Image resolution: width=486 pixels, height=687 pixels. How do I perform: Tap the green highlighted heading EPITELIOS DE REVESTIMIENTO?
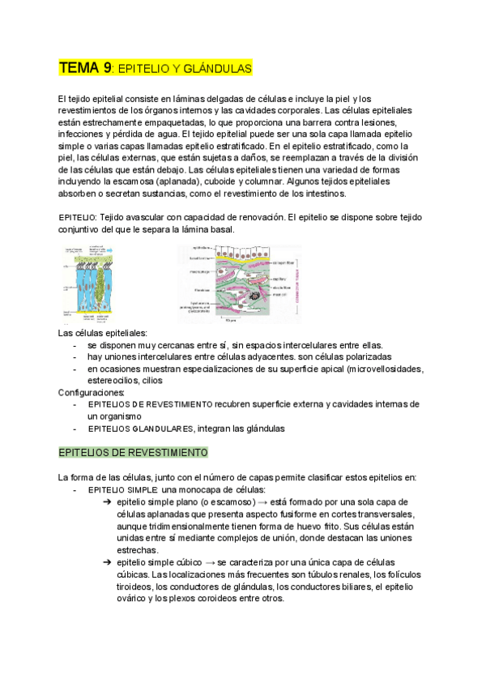(x=133, y=452)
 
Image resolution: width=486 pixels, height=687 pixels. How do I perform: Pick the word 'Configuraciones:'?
(x=91, y=392)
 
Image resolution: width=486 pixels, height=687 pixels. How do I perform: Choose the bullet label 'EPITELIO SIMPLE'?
(x=123, y=490)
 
